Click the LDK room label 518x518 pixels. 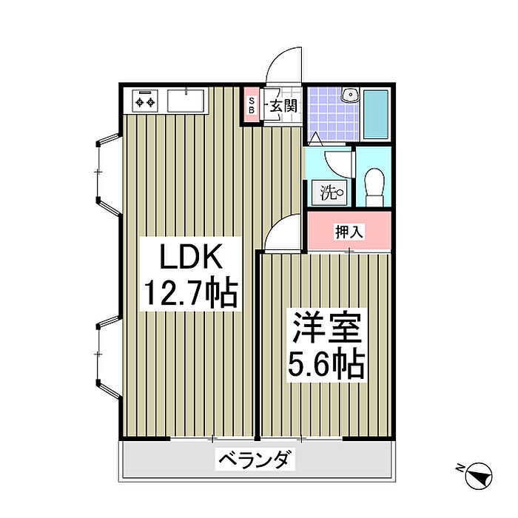(x=191, y=256)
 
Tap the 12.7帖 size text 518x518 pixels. (x=191, y=293)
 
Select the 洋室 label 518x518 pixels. (x=327, y=328)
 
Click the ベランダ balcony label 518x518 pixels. (x=255, y=460)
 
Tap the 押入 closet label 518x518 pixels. (x=349, y=231)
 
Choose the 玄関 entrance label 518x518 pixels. (x=283, y=106)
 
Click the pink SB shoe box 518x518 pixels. (x=252, y=105)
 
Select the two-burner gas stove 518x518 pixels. (x=145, y=101)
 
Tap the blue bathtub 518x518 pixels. (x=376, y=114)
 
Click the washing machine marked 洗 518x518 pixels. (x=330, y=192)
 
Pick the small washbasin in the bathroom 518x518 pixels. (x=351, y=95)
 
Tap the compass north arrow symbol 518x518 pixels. (x=478, y=476)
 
